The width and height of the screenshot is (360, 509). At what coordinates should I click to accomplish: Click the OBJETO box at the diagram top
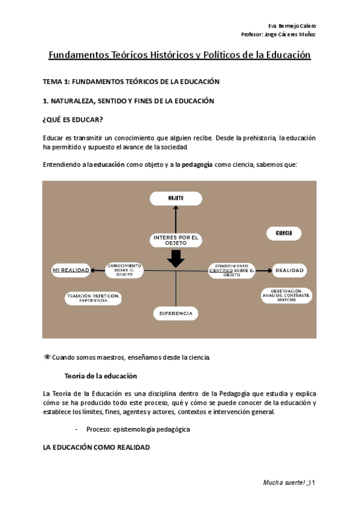point(175,199)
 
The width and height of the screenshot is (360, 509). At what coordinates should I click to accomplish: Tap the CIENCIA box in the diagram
point(284,233)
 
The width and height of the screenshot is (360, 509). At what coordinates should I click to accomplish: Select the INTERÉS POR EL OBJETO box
point(175,240)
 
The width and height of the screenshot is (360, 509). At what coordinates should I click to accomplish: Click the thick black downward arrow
point(175,259)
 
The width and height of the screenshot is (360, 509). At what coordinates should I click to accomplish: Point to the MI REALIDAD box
point(71,270)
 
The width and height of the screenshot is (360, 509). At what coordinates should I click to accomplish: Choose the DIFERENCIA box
point(176,313)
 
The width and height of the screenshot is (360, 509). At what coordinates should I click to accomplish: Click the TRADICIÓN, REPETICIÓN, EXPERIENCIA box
point(94,298)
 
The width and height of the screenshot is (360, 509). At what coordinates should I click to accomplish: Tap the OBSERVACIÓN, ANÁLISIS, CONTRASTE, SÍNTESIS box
point(286,295)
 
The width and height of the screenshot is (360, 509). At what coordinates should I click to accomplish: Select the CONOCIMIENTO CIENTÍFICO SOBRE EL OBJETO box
point(232,270)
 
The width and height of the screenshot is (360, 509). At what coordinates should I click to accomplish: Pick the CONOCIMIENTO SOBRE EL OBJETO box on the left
point(124,270)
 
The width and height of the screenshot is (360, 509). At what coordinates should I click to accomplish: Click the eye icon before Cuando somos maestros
point(47,358)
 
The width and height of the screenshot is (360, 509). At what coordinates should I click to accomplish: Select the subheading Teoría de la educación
point(100,376)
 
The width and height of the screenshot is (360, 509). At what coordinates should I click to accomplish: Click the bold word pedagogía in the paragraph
point(197,164)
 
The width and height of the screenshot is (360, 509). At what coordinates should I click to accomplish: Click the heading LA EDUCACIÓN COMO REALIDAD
point(96,447)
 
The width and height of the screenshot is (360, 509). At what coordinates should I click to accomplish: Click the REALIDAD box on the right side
point(290,271)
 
